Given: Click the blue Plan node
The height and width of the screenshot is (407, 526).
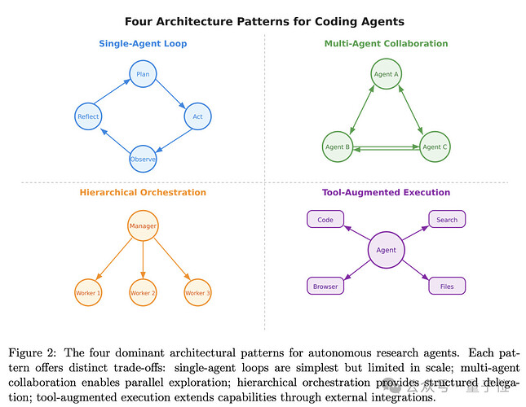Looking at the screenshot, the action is coord(143,74).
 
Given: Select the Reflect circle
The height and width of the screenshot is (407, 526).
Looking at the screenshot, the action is coord(88,116).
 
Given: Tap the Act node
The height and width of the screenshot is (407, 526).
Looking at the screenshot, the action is coord(197,116).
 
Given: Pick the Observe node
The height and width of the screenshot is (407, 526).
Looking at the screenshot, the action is coord(143,159).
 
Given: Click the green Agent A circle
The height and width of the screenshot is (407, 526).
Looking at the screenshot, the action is coord(386,74).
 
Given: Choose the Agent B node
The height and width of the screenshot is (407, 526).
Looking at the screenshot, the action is coord(338,147).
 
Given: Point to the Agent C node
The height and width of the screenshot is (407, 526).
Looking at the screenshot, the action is coord(435,147).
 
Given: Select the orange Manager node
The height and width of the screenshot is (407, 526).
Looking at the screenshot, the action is coord(143,225).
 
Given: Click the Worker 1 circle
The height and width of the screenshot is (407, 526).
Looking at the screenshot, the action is coord(88,292).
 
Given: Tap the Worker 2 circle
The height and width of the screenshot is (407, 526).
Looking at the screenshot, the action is coord(143,292).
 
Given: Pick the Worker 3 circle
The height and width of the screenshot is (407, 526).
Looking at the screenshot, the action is coord(197,292).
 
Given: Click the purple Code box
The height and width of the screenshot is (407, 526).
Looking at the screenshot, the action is coord(325,219).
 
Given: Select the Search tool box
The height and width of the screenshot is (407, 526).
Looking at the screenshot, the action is coord(447,219).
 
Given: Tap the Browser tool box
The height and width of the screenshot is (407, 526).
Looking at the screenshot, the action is coord(325,287).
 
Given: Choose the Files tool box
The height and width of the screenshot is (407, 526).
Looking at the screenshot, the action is coord(447,287).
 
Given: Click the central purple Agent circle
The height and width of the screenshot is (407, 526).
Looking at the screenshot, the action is coord(386,250).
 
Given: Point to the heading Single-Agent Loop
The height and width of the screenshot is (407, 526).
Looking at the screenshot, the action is coord(143,43).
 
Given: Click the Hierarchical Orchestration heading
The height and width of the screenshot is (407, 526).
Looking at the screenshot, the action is coord(143,192).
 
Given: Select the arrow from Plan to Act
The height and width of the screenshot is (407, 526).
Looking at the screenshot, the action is coord(170,94).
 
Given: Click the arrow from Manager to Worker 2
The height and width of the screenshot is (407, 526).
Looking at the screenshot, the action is coord(143,260).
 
